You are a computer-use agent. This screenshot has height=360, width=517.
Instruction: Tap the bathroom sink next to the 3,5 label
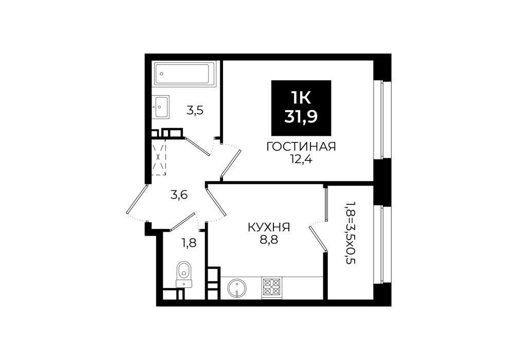[160, 106]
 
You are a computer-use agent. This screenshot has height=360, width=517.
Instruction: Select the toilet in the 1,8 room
[183, 274]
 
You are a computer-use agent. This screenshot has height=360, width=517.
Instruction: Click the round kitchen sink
[237, 287]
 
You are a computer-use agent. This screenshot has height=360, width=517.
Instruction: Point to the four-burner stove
[272, 287]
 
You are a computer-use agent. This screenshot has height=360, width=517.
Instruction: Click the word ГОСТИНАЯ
[301, 147]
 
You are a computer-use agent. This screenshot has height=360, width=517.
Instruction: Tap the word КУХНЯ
[269, 227]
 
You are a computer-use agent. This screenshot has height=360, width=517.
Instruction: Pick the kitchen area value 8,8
[269, 240]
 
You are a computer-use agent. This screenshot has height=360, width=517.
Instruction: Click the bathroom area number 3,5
[195, 110]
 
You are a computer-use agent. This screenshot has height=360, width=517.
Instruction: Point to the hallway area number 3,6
[179, 195]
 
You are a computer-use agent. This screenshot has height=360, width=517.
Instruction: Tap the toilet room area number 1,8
[189, 243]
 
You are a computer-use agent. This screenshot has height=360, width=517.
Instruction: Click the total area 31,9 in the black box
[301, 116]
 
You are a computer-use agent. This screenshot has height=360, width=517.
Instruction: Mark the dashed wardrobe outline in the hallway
[159, 157]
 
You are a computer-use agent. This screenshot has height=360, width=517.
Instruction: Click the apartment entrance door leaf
[137, 199]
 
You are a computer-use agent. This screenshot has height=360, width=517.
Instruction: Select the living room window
[382, 120]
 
